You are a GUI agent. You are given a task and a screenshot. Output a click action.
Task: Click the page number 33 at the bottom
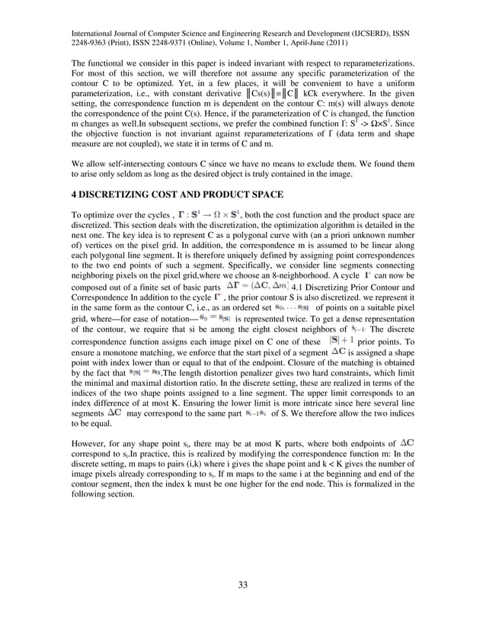(x=243, y=585)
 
